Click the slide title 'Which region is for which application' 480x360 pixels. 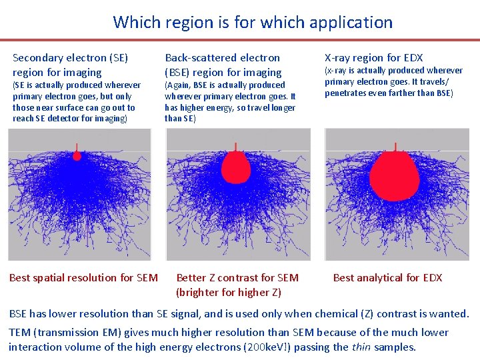coord(253,23)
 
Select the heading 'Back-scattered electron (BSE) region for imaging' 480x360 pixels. coord(223,65)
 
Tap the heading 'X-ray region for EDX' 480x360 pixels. coord(373,58)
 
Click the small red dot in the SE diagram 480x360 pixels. coord(77,156)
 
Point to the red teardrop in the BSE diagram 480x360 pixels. coord(235,166)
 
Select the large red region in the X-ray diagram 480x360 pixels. coord(393,175)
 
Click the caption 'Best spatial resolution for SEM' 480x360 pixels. coord(83,278)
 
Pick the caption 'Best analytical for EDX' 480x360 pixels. coord(387,278)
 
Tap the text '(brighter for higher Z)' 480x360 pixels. coord(228,292)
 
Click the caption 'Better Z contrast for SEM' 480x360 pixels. coord(237,278)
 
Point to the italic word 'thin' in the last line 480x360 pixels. coord(361,347)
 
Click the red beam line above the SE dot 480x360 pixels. coord(77,147)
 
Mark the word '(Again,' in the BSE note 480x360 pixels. coord(178,85)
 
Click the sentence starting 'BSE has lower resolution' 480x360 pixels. coord(239,313)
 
